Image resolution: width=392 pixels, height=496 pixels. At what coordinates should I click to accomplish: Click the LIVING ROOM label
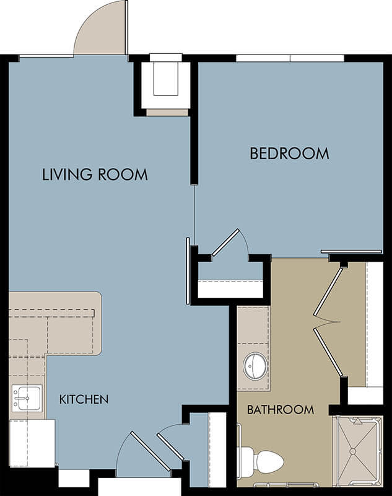95,175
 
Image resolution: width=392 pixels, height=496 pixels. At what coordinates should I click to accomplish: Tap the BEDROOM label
289,153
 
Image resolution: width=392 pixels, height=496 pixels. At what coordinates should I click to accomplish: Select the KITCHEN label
84,399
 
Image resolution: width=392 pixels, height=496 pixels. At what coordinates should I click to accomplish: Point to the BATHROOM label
280,410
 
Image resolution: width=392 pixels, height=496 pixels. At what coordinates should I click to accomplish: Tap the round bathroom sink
255,366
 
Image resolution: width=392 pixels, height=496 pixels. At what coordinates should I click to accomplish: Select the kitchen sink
27,398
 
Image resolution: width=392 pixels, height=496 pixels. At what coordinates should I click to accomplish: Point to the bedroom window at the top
290,58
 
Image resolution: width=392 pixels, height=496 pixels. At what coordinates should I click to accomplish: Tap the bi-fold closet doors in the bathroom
328,322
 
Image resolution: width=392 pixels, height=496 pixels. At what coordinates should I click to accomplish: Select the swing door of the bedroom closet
226,242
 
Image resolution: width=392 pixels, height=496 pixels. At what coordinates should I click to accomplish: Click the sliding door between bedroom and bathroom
351,252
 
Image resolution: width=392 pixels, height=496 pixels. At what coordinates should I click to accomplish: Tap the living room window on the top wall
46,56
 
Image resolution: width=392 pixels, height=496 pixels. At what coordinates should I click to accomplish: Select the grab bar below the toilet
286,484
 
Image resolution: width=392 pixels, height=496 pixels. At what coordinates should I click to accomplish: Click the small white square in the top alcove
166,79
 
